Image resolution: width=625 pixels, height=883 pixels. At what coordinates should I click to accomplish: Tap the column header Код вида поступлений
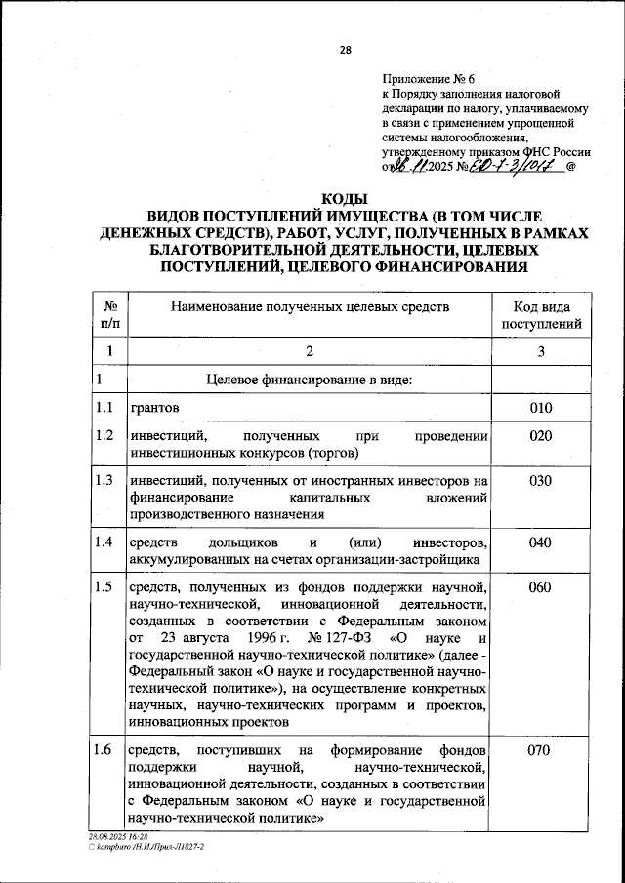click(541, 315)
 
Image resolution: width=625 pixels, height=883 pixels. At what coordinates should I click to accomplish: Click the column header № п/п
click(109, 315)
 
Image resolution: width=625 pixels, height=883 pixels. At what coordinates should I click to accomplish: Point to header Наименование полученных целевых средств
click(310, 307)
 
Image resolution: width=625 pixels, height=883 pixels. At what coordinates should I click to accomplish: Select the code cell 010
click(541, 408)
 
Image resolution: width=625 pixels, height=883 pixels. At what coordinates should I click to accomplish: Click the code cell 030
click(541, 481)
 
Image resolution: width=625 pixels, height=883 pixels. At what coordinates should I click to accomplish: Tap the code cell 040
click(541, 542)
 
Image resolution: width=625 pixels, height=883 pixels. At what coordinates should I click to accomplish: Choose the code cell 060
click(541, 587)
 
